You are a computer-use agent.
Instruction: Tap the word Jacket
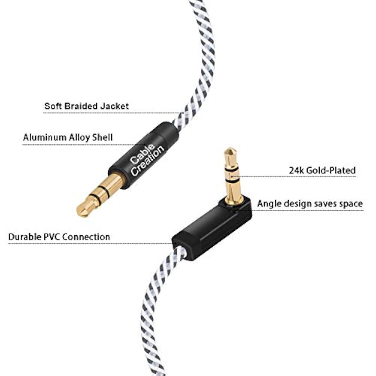pos(115,106)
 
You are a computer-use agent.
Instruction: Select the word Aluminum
pos(44,137)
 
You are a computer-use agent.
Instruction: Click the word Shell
pos(103,137)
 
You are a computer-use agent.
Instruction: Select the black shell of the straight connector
pos(144,155)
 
